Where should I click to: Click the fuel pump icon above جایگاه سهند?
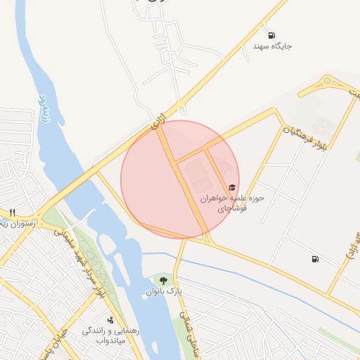click(271, 35)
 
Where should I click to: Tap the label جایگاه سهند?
click(272, 46)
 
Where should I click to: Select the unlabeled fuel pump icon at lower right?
click(314, 259)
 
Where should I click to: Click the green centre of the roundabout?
click(328, 81)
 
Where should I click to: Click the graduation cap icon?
click(231, 187)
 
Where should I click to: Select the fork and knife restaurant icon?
click(12, 213)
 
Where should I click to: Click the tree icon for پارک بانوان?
click(164, 281)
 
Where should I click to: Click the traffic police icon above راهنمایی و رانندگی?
click(110, 320)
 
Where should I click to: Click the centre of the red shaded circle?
click(180, 179)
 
